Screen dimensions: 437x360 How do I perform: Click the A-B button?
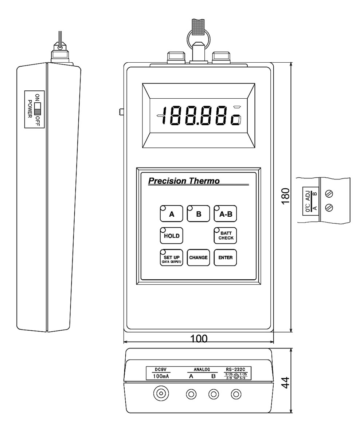click(x=225, y=214)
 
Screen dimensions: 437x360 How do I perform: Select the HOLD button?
click(x=171, y=236)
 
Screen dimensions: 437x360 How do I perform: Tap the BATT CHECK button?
click(x=225, y=236)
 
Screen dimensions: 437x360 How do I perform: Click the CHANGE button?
click(x=198, y=257)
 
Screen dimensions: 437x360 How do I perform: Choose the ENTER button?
click(x=225, y=257)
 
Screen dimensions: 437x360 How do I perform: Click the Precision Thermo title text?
click(x=184, y=181)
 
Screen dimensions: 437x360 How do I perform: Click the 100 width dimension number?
click(x=199, y=338)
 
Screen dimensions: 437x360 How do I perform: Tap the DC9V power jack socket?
click(x=160, y=393)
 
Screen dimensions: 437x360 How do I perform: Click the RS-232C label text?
click(x=236, y=369)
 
